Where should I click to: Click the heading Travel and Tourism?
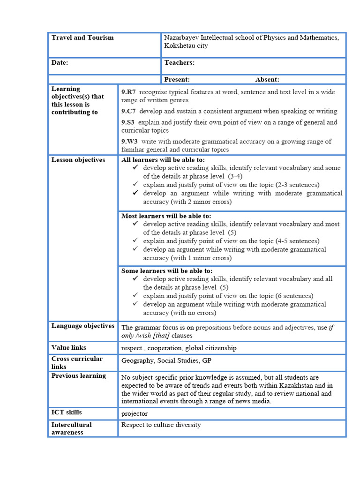[82, 37]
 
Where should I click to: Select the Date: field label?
[60, 63]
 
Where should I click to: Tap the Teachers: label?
[180, 63]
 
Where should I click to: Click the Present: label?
[177, 80]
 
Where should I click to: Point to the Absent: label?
[267, 80]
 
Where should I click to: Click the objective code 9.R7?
[128, 92]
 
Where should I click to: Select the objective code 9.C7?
[128, 111]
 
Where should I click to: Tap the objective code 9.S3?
[128, 122]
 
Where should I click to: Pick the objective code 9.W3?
[129, 142]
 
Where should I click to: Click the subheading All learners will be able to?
[163, 160]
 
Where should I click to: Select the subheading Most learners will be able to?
[166, 216]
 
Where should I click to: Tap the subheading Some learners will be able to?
[166, 271]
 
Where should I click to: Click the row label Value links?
[69, 348]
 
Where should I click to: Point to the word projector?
[135, 413]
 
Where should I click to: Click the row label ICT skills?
[67, 412]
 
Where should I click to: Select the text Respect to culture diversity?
[161, 425]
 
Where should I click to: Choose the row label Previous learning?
[79, 376]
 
